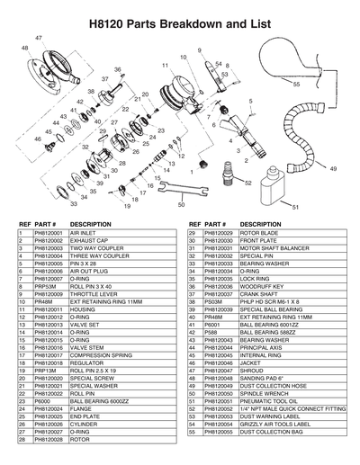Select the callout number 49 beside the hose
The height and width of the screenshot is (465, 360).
click(x=334, y=168)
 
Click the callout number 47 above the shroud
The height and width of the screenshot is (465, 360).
click(x=38, y=37)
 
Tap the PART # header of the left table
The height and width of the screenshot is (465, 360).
click(x=46, y=223)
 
